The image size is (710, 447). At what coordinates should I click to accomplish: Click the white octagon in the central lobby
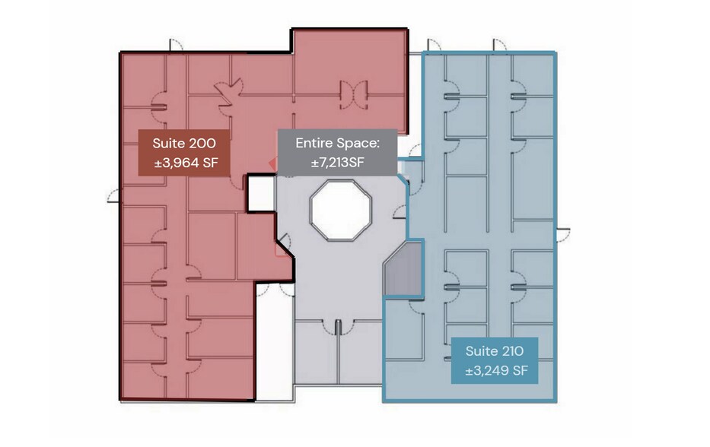point(340,206)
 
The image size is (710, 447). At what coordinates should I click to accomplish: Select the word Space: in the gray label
point(358,142)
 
